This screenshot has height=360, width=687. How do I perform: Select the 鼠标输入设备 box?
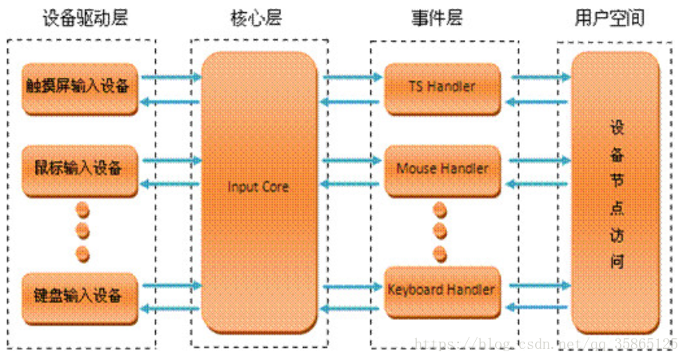point(78,169)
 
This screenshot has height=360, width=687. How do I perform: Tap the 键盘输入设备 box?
point(78,295)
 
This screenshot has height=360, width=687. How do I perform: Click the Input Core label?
point(258,187)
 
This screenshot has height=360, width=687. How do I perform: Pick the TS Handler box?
point(442,86)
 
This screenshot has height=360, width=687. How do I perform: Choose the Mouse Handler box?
point(442,169)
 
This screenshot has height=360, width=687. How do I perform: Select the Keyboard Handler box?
point(442,290)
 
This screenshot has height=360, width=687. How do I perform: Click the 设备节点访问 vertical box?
point(616,193)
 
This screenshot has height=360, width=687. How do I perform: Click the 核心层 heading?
point(257,18)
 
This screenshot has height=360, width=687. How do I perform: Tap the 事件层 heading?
point(441,18)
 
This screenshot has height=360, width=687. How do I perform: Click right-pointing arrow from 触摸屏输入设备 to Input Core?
point(172,78)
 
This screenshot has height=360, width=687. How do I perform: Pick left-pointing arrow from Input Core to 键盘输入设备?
point(172,310)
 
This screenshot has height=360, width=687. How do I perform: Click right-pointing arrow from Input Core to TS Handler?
point(353,78)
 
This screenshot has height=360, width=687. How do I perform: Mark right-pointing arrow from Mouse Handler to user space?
point(540,161)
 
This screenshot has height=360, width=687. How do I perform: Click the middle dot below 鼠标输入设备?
point(82,233)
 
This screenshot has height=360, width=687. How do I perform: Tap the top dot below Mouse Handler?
point(439,210)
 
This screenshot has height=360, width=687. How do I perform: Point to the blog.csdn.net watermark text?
point(544,345)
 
